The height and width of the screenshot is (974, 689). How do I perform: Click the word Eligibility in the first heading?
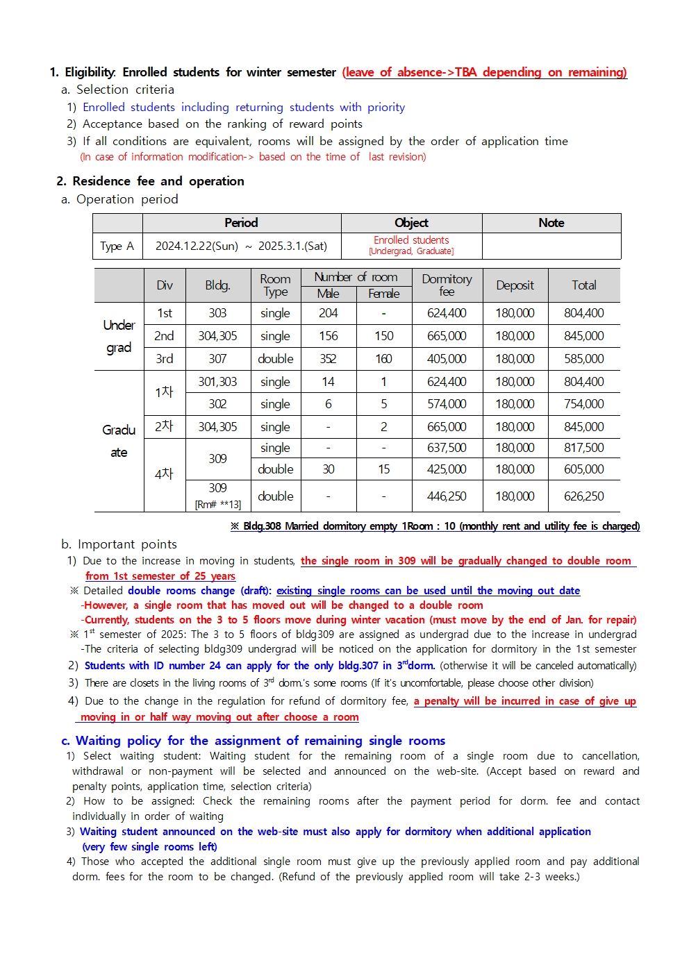(x=90, y=72)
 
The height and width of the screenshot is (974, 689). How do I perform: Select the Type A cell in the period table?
(x=117, y=246)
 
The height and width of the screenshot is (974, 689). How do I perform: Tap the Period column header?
(x=241, y=223)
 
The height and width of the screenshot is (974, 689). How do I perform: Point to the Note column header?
(x=551, y=223)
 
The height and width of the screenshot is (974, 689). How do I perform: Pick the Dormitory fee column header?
(x=447, y=285)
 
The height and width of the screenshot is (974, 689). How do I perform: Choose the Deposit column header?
(x=515, y=285)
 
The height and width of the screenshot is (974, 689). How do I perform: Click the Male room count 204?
(x=329, y=313)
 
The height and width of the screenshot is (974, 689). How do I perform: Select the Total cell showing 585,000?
(x=583, y=359)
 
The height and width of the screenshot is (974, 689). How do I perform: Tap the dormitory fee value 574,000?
(x=447, y=404)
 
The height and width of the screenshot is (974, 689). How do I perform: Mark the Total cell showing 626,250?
(x=583, y=496)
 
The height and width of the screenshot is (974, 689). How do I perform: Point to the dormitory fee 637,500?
(x=447, y=448)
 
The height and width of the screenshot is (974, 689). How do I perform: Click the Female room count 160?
(x=383, y=359)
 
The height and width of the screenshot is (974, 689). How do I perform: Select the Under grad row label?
(x=119, y=336)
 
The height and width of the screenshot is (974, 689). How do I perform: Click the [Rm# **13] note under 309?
(x=217, y=505)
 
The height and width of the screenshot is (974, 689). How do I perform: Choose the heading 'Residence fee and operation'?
(x=158, y=181)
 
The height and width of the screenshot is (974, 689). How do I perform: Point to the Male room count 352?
(x=328, y=359)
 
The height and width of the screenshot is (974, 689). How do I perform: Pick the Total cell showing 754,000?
(x=583, y=404)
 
